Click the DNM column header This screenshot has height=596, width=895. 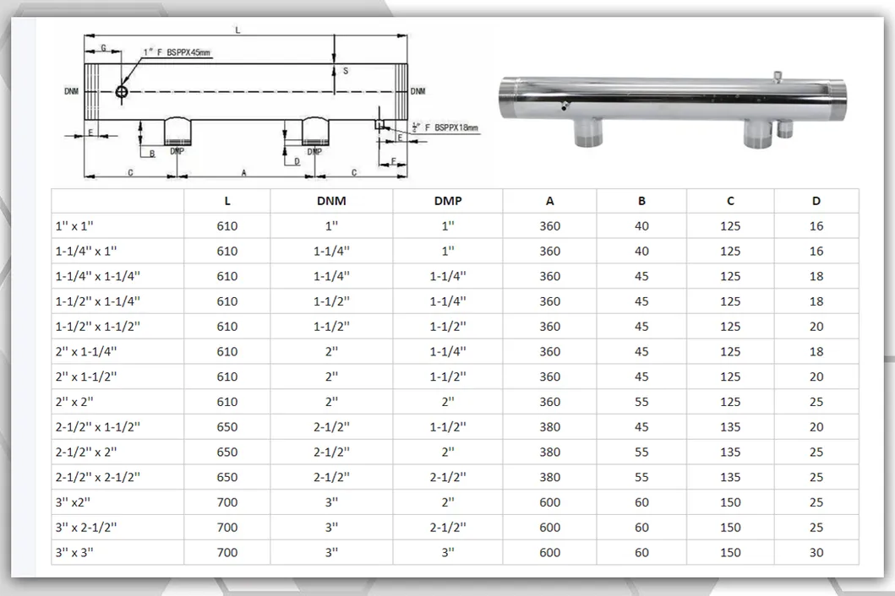coord(331,201)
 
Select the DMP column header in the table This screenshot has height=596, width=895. coord(448,201)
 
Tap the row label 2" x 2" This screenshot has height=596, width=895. coord(74,402)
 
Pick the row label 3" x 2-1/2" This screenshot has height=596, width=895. coord(85,527)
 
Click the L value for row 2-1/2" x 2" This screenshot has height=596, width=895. coord(227,452)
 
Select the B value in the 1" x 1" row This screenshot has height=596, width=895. coord(641,226)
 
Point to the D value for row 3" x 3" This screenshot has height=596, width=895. coord(816,552)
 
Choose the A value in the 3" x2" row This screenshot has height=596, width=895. coord(549,502)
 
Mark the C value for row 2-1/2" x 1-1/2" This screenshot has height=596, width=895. coord(730,426)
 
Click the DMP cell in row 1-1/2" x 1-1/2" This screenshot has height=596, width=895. coord(448,326)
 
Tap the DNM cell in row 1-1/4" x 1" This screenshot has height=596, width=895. coord(331,251)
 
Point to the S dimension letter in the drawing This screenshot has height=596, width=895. coord(346,71)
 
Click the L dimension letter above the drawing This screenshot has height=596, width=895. coord(238,30)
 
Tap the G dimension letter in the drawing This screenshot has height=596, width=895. coord(103,48)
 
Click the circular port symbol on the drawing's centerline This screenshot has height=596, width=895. coord(122,91)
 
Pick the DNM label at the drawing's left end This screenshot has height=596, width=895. coord(71,91)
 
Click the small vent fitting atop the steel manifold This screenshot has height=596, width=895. coord(777,77)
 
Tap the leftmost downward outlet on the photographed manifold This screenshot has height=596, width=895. coord(588,133)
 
